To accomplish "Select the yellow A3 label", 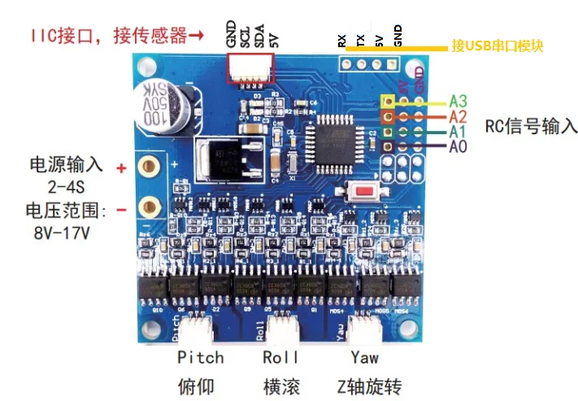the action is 458,102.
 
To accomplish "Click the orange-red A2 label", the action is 458,117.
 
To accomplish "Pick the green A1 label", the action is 458,132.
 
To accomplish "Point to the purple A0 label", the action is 458,147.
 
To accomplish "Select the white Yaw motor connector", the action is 364,328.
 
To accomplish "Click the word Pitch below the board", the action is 200,358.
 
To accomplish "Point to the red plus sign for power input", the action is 121,168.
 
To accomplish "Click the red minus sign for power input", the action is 121,210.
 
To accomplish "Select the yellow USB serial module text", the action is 497,46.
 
